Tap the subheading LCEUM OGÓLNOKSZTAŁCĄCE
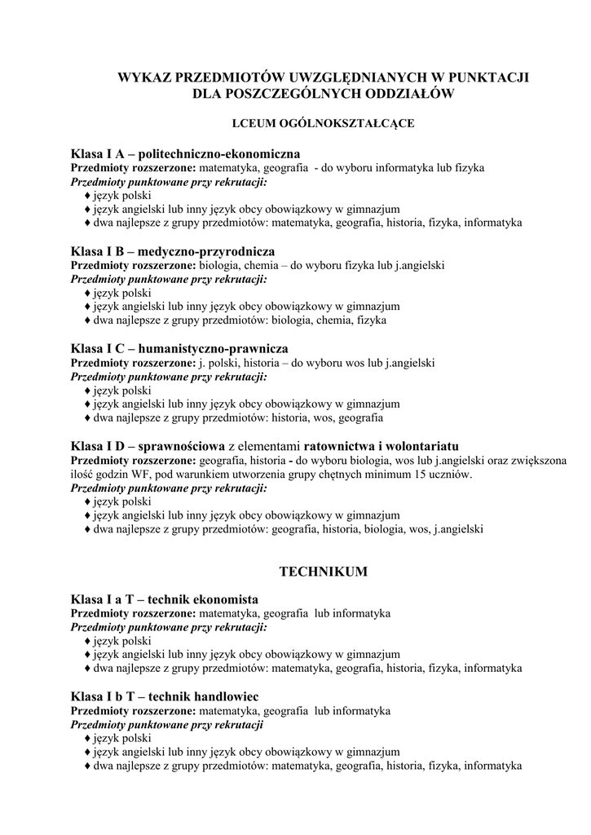324,124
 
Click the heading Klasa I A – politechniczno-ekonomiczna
186,153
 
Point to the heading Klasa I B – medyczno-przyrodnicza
173,250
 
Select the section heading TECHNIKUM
324,572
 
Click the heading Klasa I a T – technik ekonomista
165,599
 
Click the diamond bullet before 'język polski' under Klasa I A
87,197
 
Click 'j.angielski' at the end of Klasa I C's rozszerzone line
407,363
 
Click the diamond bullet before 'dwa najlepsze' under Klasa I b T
87,767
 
